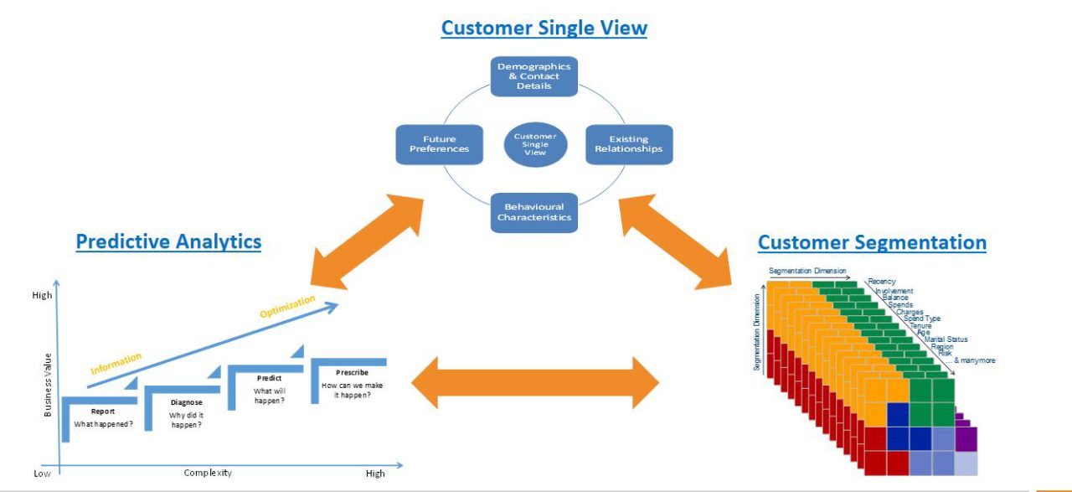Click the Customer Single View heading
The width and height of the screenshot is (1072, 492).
[x=544, y=28]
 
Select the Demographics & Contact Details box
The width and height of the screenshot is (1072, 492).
[x=534, y=76]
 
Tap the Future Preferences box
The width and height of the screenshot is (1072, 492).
[x=439, y=144]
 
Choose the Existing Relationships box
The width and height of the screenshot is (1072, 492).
[x=628, y=144]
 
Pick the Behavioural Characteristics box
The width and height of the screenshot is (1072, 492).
[x=534, y=212]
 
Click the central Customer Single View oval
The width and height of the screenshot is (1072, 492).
[x=535, y=144]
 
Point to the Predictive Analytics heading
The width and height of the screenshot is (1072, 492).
[x=168, y=242]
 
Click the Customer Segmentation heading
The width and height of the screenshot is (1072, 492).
[x=872, y=243]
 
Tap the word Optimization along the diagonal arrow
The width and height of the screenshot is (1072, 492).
[x=287, y=306]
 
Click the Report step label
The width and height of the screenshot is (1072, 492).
[x=103, y=412]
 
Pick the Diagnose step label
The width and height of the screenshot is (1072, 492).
[x=186, y=402]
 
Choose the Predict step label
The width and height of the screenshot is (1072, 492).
[x=269, y=378]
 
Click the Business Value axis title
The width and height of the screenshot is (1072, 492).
[x=48, y=385]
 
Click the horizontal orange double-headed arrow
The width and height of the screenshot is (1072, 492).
[x=535, y=382]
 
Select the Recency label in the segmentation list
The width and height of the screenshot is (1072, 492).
[x=882, y=282]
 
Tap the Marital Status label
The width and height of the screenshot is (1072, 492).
[x=946, y=339]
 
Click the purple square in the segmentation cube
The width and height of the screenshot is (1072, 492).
[x=966, y=438]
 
